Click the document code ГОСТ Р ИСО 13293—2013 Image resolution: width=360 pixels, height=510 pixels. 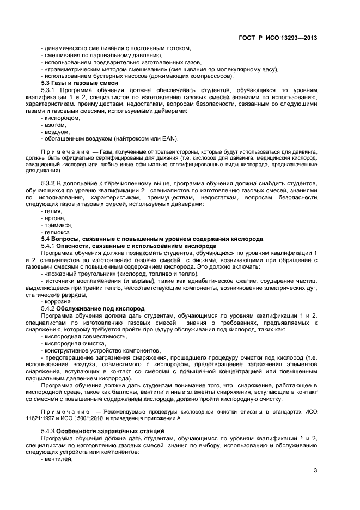coord(278,38)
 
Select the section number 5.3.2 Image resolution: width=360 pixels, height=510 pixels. coord(50,184)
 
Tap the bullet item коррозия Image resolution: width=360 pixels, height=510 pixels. coord(57,301)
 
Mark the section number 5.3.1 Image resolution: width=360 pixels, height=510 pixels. coord(50,90)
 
